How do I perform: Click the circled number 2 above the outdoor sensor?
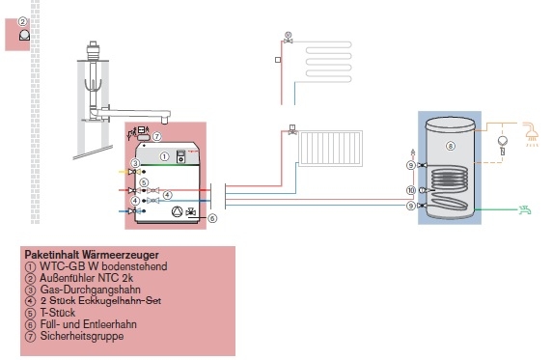[22, 20]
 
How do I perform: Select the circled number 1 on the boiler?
[164, 155]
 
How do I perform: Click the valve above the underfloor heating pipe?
[289, 38]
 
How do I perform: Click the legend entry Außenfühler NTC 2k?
[75, 278]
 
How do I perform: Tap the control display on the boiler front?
[179, 157]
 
